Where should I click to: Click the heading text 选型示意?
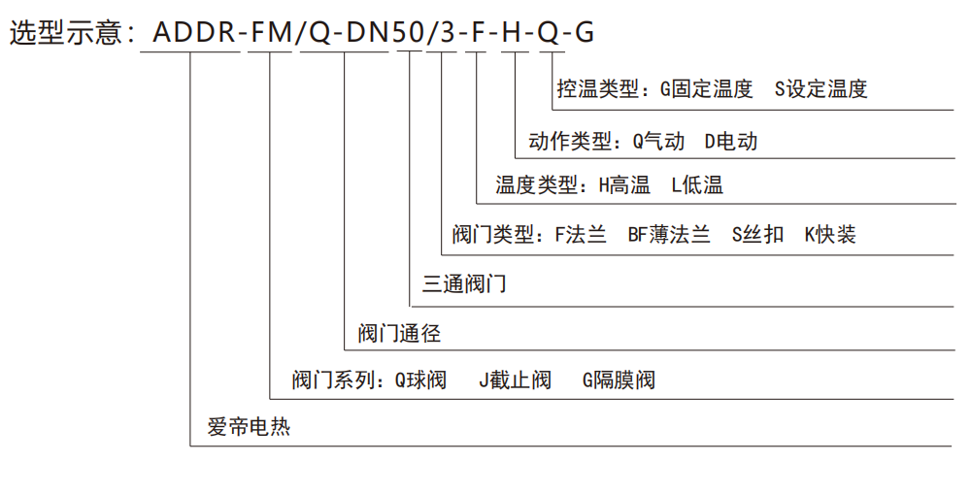(65, 32)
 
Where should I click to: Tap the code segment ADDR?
(194, 32)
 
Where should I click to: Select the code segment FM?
(271, 32)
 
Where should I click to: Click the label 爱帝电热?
(249, 426)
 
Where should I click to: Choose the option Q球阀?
(420, 379)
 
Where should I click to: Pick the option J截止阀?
(516, 379)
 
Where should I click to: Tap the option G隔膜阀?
(619, 379)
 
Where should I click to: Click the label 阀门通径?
(399, 334)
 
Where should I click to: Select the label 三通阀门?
(464, 284)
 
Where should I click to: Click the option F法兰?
(581, 235)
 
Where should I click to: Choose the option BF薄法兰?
(669, 235)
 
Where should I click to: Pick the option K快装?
(830, 235)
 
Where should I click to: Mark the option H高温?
(624, 185)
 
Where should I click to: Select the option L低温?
(697, 185)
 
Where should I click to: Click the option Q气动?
(658, 142)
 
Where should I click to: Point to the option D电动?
(731, 142)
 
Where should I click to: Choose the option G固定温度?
(706, 89)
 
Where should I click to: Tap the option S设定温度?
(821, 89)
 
